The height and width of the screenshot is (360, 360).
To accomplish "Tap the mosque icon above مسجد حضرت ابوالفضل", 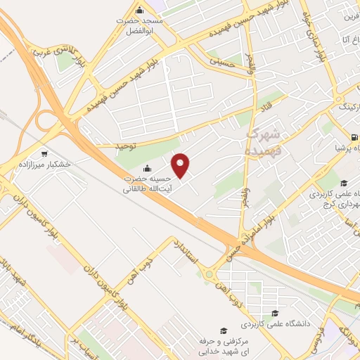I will tap(139, 11).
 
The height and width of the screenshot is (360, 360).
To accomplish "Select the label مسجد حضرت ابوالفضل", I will tap(139, 26).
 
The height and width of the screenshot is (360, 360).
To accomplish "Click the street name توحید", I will tap(122, 144).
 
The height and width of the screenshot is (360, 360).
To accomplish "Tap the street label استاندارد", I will tap(187, 255).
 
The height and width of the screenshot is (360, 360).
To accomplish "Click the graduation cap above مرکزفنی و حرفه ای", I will tap(224, 330).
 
